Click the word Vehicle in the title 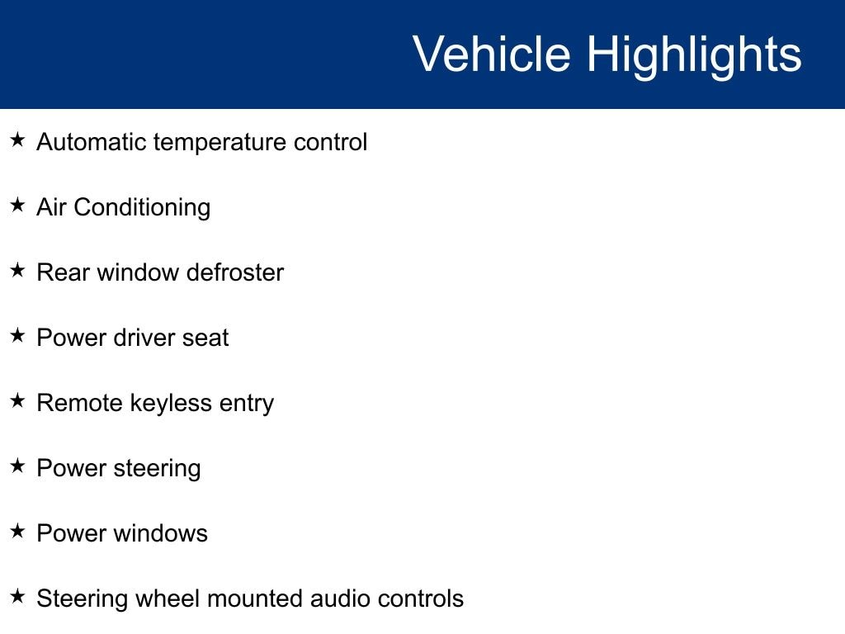tap(492, 54)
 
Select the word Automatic tap(92, 142)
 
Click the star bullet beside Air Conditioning tap(18, 205)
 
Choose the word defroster tap(234, 272)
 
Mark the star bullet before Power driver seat tap(18, 335)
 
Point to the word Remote tap(80, 403)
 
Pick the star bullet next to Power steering tap(18, 466)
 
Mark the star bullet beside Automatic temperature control tap(18, 140)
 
